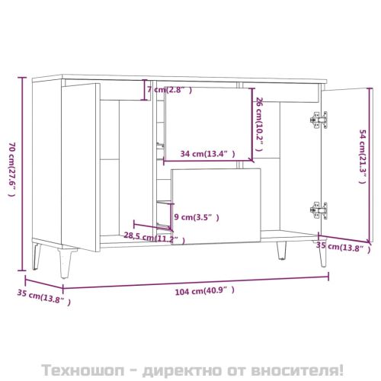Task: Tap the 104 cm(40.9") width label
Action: coord(199,290)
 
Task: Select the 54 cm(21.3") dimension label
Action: coord(364,162)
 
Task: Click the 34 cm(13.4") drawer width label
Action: coord(202,153)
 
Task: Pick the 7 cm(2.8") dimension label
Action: coord(168,91)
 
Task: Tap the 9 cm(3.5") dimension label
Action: coord(197,217)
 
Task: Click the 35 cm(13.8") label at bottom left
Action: coord(44,298)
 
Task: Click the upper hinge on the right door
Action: coord(319,119)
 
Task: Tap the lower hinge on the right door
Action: coord(319,207)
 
